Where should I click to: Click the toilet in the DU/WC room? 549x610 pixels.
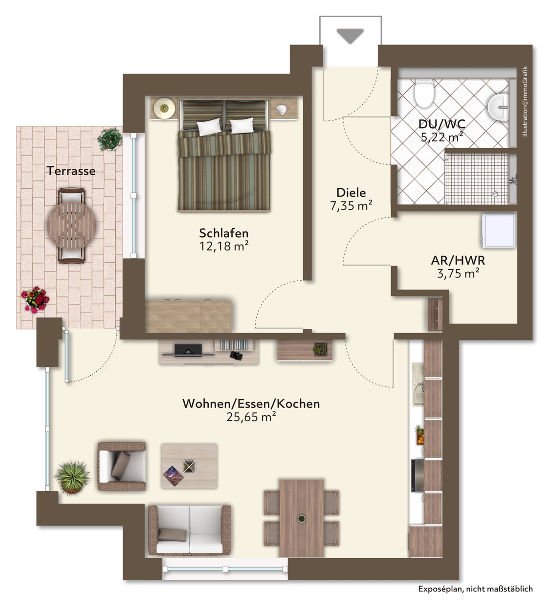(424, 93)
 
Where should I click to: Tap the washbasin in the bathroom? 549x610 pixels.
(499, 107)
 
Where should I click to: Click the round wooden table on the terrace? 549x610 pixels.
(72, 225)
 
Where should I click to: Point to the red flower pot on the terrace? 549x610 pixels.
(35, 299)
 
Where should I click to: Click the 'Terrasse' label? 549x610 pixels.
(71, 171)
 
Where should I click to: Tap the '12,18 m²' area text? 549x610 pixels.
(224, 246)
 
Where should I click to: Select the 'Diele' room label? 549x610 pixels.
(351, 192)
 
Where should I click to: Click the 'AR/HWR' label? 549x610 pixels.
(458, 260)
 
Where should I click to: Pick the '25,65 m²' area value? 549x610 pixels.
(251, 417)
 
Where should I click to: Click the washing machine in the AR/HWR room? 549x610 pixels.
(499, 230)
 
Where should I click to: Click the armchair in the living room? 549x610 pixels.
(121, 466)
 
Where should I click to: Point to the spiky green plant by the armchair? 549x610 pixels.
(72, 477)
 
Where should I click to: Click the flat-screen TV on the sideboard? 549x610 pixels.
(188, 349)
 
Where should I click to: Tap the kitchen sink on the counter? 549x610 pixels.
(418, 384)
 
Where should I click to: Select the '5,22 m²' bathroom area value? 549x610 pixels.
(442, 137)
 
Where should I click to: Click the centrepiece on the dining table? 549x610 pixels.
(302, 518)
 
